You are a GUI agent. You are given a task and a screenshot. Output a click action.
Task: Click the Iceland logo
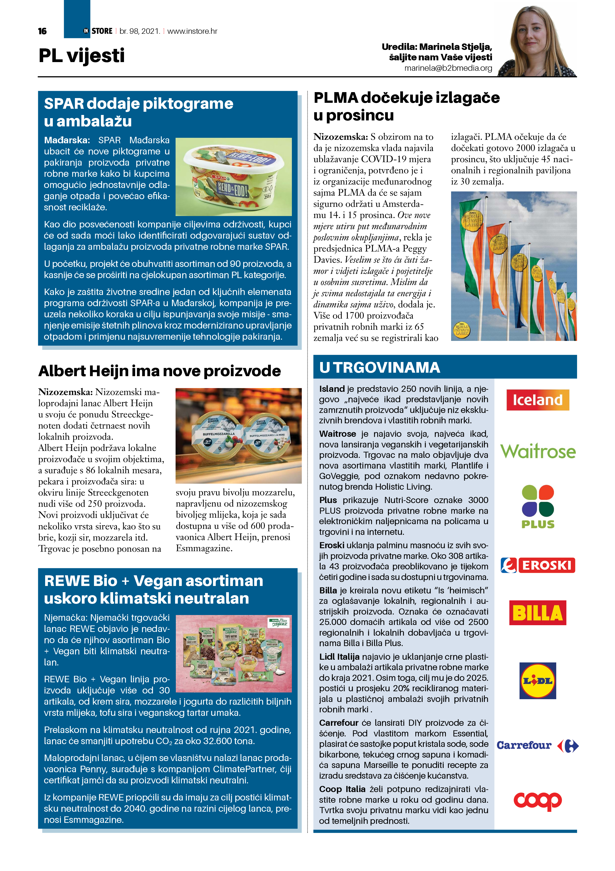click(x=537, y=400)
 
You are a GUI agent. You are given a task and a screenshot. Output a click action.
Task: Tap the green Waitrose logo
click(x=538, y=451)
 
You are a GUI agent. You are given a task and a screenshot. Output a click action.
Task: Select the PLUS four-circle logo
click(x=538, y=507)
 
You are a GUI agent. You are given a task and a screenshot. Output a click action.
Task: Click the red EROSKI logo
click(x=538, y=565)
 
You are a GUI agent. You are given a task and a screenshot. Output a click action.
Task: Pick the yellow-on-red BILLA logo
click(x=537, y=613)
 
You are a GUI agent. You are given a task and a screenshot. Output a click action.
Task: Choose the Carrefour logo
click(x=537, y=745)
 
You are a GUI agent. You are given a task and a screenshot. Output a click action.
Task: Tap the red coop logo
click(x=537, y=800)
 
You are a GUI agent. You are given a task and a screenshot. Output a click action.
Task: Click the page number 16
click(x=42, y=31)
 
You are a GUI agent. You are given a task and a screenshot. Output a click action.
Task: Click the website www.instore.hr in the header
click(x=192, y=31)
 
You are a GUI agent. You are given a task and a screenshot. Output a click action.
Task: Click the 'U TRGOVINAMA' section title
click(x=380, y=367)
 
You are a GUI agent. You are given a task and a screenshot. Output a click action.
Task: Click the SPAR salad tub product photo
click(x=233, y=177)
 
